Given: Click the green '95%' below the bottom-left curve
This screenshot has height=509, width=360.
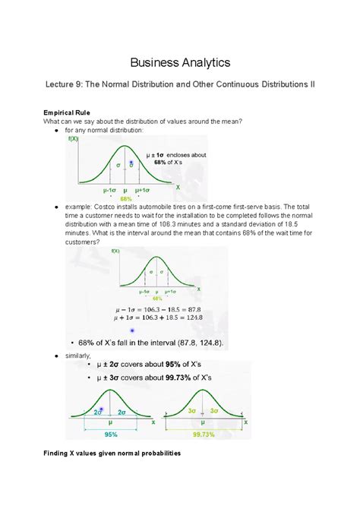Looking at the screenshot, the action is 112,436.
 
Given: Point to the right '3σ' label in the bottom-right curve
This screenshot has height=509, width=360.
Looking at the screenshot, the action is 216,410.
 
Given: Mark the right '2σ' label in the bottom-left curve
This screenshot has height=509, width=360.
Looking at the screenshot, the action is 124,411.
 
